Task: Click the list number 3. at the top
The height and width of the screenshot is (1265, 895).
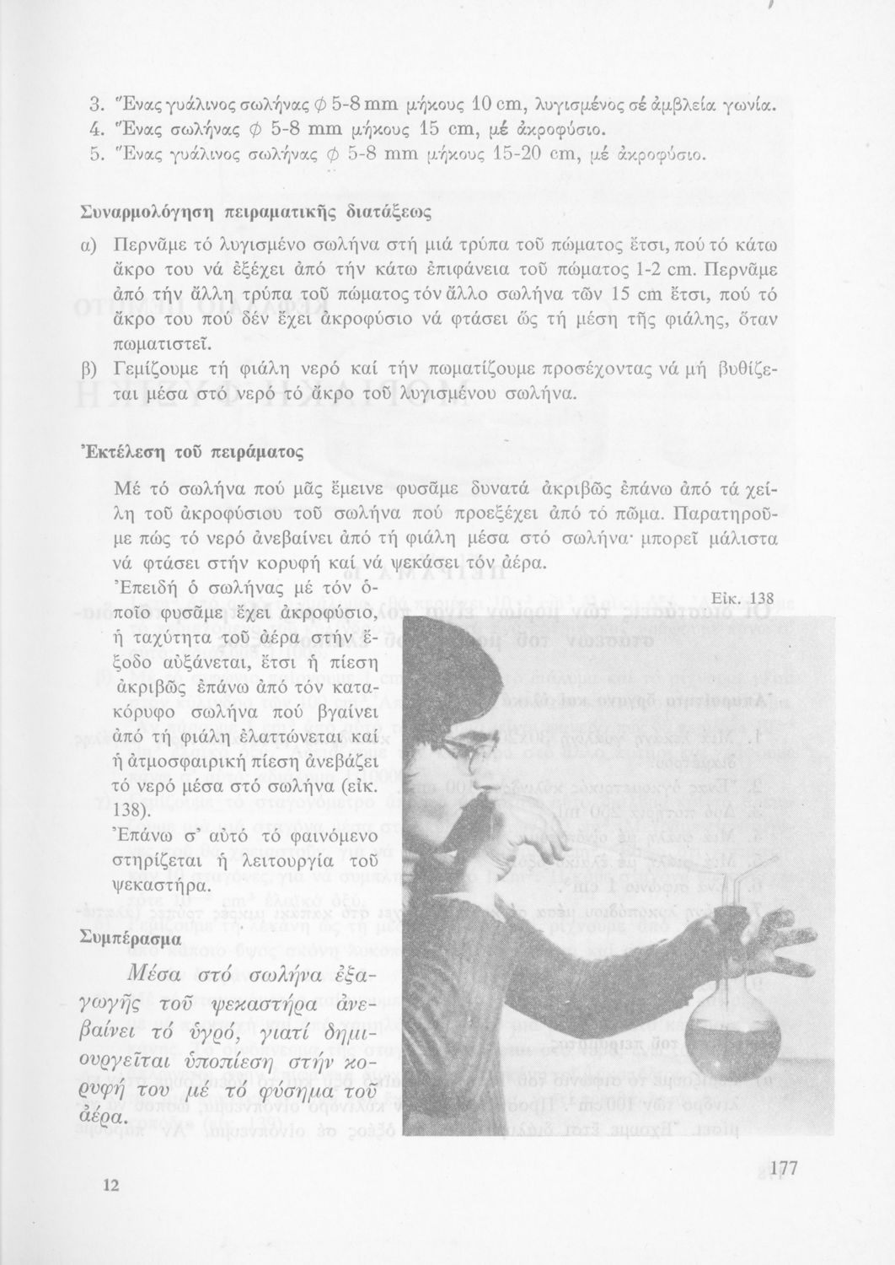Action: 95,107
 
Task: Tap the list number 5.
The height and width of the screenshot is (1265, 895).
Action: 95,154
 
